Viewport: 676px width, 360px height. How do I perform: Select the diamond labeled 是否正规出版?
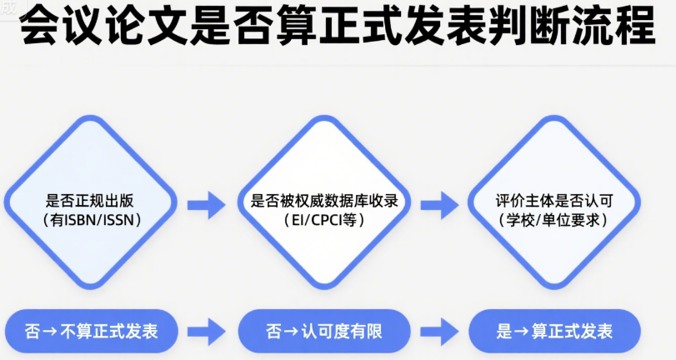(91, 202)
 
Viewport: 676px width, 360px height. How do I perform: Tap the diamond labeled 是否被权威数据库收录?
(324, 202)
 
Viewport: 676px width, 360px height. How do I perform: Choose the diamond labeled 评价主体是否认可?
(554, 202)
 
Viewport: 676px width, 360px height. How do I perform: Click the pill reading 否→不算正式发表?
(92, 331)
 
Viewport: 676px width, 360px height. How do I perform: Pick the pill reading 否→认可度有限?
(324, 331)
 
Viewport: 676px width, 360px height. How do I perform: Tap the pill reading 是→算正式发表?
(554, 331)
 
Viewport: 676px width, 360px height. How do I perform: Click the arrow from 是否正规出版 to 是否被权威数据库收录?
(207, 205)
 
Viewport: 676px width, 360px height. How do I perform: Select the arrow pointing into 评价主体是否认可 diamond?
(440, 205)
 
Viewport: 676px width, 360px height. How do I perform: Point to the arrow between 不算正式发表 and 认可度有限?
(207, 332)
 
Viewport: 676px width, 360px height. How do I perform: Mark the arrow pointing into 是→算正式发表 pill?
(440, 332)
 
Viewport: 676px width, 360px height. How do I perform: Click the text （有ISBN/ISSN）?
(92, 220)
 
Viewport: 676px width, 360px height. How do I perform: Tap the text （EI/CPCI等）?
(324, 220)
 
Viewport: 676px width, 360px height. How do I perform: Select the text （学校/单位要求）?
(553, 220)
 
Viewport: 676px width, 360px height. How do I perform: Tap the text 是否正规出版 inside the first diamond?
(90, 201)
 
